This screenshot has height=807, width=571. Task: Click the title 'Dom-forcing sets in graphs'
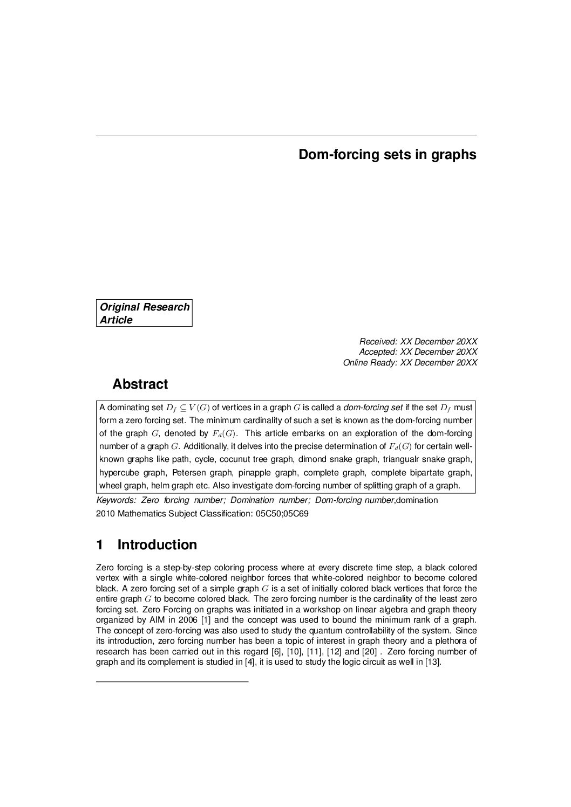coord(387,155)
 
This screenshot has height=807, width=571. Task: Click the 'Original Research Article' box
coord(145,313)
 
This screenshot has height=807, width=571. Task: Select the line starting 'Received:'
coord(418,341)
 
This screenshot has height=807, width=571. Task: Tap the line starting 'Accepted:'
coord(418,352)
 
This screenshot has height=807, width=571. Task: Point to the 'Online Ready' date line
coord(410,363)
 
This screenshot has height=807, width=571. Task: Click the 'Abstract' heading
coord(140,384)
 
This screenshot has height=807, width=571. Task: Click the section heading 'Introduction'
coord(157,545)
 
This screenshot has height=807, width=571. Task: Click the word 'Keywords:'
coord(116,500)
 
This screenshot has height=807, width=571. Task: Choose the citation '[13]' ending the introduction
coord(433,663)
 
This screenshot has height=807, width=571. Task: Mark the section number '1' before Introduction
coord(99,545)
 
